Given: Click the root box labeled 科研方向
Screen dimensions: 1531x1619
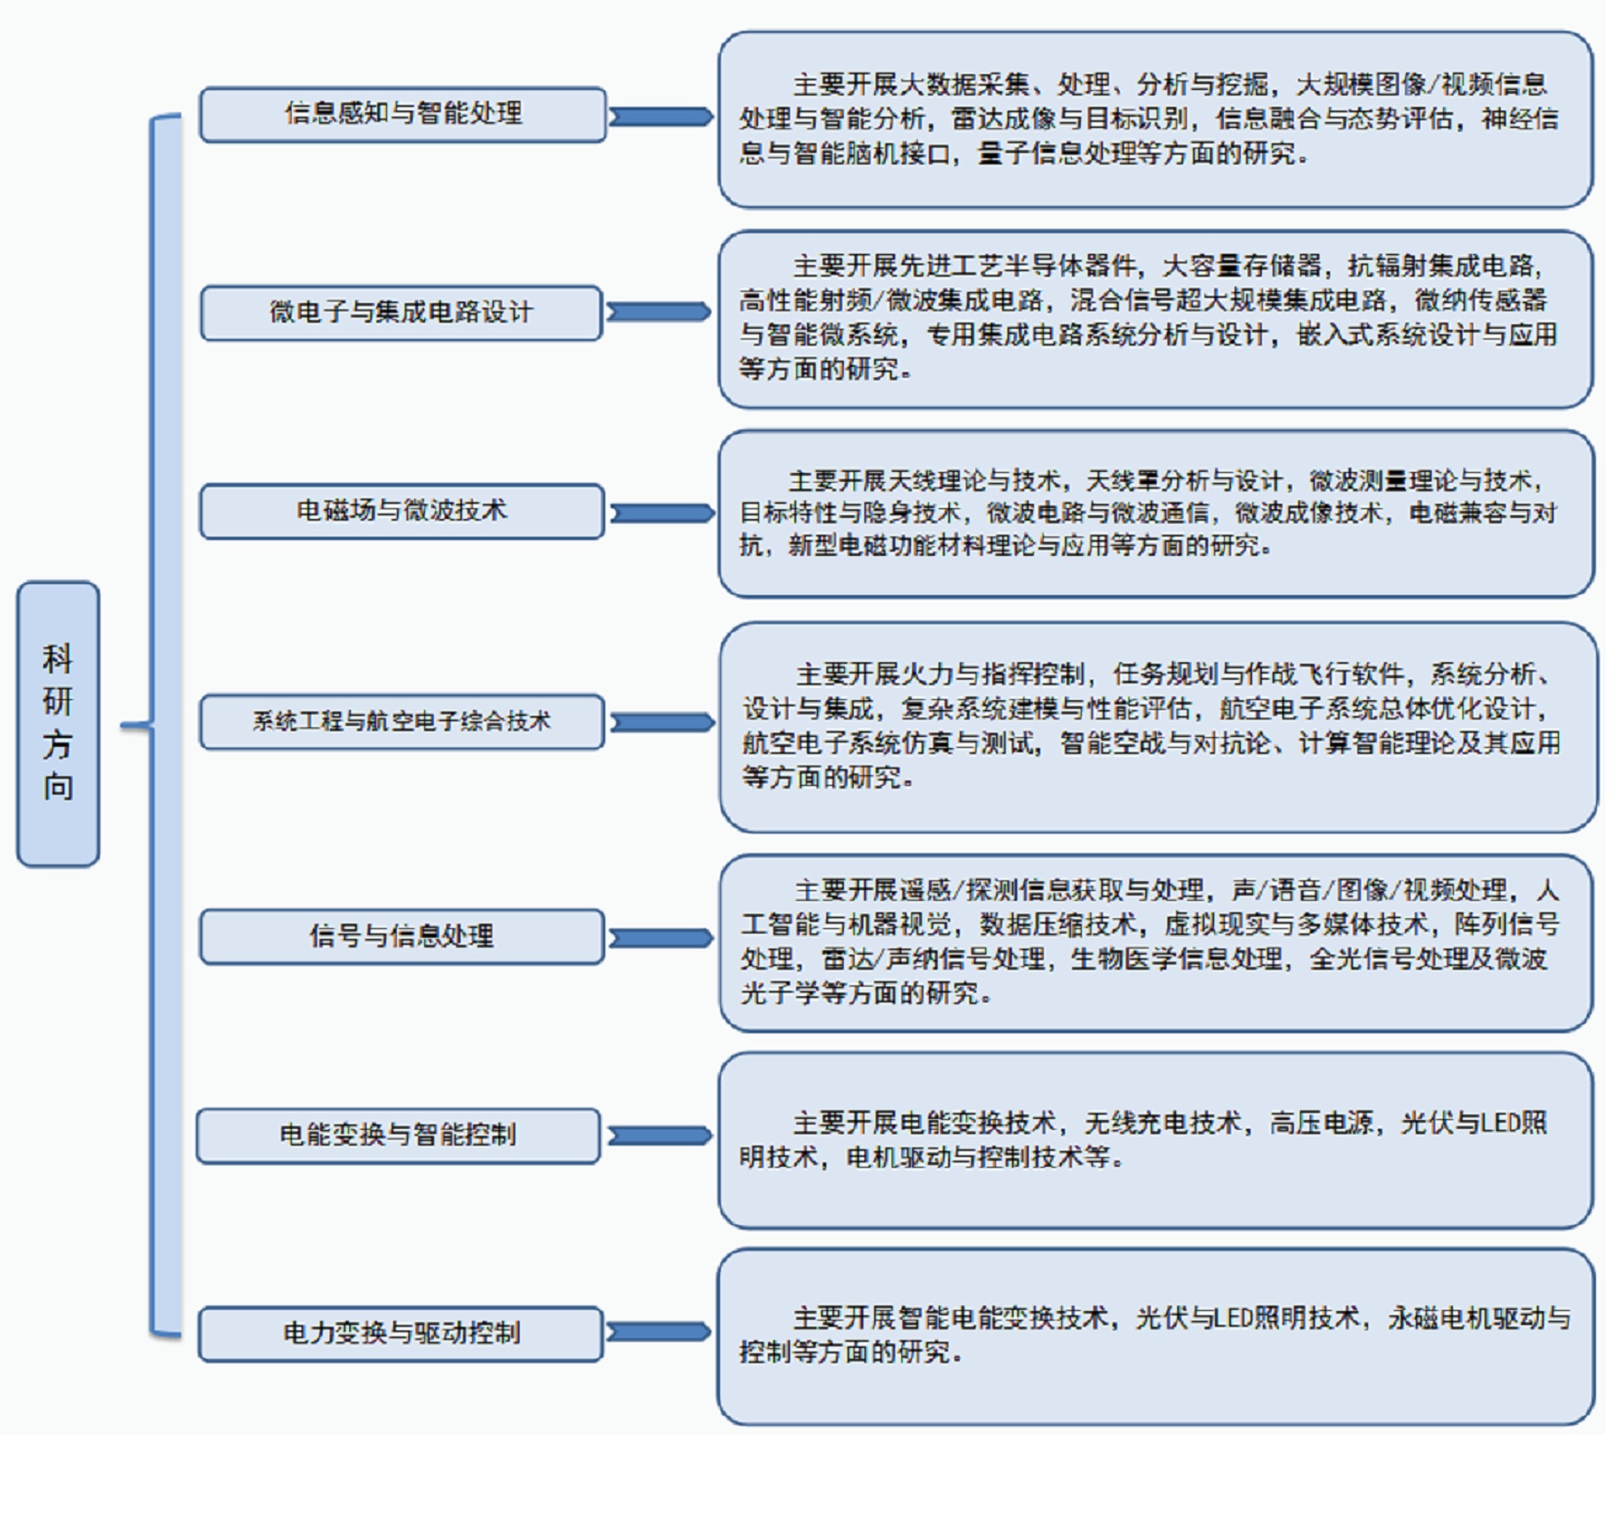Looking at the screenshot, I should click(x=57, y=723).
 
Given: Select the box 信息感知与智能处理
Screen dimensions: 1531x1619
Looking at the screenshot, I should click(x=402, y=114).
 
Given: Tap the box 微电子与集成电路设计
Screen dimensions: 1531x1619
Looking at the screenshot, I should click(x=401, y=312).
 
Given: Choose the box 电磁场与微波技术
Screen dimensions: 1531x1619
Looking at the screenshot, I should click(x=402, y=511).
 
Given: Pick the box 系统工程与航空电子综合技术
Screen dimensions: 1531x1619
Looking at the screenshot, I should click(x=402, y=721).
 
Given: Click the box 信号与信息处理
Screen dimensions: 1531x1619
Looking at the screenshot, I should click(x=402, y=935).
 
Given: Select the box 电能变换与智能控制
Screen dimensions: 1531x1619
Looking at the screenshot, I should click(x=398, y=1135).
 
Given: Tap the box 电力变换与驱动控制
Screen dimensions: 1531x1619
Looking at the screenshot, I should click(x=400, y=1333).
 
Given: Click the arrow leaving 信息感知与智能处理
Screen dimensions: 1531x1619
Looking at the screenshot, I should click(x=661, y=117).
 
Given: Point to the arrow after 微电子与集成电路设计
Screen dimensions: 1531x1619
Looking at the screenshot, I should click(x=659, y=312).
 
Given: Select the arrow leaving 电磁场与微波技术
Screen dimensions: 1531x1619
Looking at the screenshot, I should click(x=662, y=513).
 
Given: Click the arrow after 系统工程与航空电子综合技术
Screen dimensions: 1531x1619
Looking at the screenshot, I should click(x=662, y=722).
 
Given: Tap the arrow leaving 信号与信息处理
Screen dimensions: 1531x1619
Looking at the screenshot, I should click(x=661, y=938).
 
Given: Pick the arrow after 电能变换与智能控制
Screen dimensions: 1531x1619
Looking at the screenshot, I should click(x=659, y=1136).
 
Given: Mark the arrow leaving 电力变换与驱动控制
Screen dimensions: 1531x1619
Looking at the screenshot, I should click(x=659, y=1332).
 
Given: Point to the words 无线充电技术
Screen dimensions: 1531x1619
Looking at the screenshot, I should click(x=1162, y=1123).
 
